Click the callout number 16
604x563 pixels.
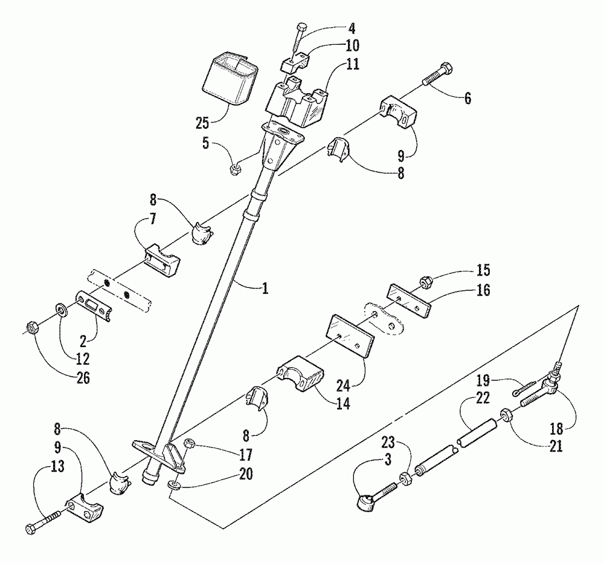tap(483, 290)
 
